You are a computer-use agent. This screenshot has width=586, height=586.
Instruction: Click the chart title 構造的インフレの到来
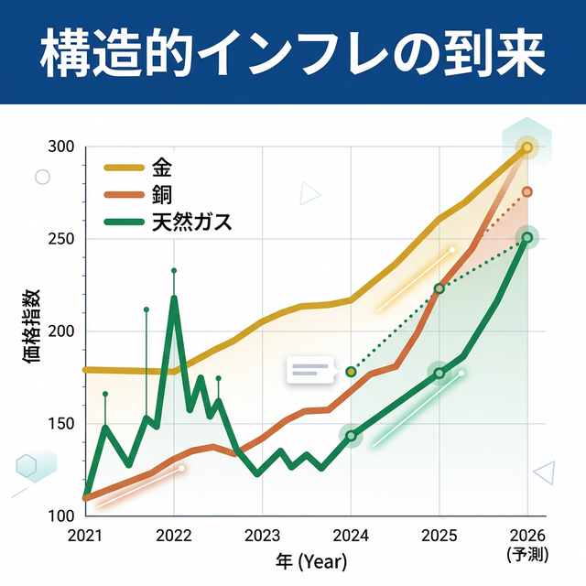pyautogui.click(x=293, y=54)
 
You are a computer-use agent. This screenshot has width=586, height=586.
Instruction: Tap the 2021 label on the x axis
pyautogui.click(x=84, y=537)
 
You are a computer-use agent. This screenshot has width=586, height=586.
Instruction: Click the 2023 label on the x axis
pyautogui.click(x=262, y=537)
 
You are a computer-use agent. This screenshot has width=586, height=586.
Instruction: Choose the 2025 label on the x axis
pyautogui.click(x=439, y=537)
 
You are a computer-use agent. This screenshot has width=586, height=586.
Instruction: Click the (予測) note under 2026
pyautogui.click(x=526, y=554)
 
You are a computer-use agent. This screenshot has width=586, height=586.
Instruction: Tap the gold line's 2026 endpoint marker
pyautogui.click(x=527, y=146)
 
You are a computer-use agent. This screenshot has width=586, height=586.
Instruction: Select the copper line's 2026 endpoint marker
pyautogui.click(x=527, y=191)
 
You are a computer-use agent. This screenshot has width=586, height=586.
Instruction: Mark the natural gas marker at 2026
pyautogui.click(x=527, y=237)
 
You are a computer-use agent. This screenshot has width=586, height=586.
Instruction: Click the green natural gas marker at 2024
pyautogui.click(x=351, y=436)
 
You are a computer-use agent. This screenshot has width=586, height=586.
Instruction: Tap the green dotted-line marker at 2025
pyautogui.click(x=439, y=288)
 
